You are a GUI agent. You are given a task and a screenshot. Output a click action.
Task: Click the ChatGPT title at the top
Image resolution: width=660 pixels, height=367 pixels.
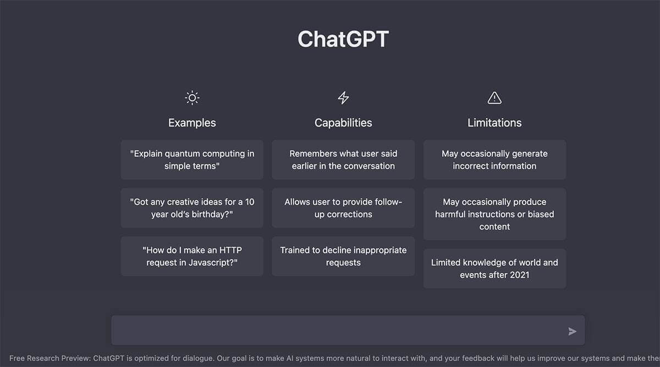[343, 39]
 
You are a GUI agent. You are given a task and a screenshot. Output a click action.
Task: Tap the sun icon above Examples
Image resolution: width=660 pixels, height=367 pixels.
[192, 98]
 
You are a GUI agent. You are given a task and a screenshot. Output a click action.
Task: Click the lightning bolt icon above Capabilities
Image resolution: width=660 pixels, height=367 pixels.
[343, 98]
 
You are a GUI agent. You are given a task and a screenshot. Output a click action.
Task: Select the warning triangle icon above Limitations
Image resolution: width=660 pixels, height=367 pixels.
[494, 98]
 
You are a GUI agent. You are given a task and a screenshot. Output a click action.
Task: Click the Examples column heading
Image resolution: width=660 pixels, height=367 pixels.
[192, 123]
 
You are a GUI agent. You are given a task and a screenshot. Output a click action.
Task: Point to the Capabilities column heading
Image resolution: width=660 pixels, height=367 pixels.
[343, 123]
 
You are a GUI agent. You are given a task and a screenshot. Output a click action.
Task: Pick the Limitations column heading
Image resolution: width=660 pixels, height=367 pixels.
[494, 123]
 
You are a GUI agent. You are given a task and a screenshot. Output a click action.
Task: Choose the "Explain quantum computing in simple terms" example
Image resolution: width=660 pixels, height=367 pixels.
[192, 160]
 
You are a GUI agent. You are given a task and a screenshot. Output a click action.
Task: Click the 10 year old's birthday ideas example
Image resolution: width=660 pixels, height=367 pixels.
[192, 208]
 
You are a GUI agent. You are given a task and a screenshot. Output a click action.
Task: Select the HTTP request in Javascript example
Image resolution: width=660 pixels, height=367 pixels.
[192, 256]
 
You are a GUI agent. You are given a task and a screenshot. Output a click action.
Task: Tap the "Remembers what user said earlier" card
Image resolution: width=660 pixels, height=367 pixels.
[343, 160]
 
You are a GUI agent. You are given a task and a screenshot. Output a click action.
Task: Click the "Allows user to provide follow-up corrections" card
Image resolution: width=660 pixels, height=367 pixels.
[343, 208]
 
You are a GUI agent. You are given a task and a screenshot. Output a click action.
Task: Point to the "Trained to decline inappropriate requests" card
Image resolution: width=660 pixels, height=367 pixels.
[343, 256]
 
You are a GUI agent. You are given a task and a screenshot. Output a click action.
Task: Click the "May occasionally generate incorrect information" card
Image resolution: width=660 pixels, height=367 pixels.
[494, 160]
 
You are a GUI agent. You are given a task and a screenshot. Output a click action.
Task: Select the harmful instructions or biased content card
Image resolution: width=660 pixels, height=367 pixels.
[494, 214]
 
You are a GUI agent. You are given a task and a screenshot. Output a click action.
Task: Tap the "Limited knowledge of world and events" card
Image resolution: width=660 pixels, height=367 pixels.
[494, 269]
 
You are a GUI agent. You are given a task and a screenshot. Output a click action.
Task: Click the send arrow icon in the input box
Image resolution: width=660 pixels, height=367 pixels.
[573, 331]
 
